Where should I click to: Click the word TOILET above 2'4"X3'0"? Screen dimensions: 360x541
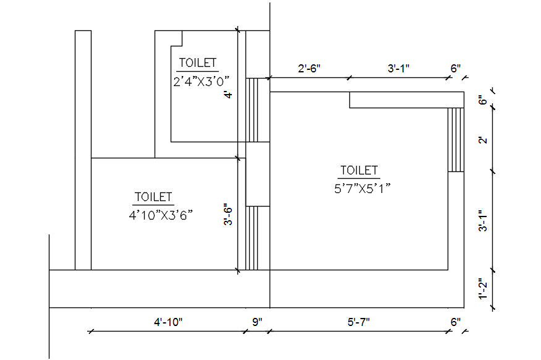click(x=198, y=62)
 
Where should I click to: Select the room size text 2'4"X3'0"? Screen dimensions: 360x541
click(x=202, y=80)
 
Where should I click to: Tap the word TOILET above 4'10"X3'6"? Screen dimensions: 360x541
click(x=153, y=197)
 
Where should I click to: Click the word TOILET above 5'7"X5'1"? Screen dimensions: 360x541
click(x=359, y=170)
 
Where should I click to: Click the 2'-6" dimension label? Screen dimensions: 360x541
click(x=309, y=69)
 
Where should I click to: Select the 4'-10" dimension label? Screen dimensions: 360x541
click(x=168, y=322)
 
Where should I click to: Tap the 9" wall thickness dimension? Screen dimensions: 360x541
click(x=257, y=322)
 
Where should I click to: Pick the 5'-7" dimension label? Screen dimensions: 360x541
click(x=359, y=322)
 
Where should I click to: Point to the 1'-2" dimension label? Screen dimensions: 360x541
click(x=484, y=289)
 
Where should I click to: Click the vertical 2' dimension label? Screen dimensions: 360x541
click(x=484, y=140)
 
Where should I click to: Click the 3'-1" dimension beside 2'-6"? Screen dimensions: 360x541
click(x=399, y=69)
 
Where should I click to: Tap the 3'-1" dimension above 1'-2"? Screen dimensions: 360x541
click(x=484, y=221)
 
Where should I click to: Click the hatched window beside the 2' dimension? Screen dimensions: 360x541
click(x=456, y=139)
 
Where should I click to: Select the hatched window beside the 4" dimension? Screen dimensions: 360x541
click(x=252, y=109)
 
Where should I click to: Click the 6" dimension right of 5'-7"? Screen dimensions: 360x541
click(x=456, y=322)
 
